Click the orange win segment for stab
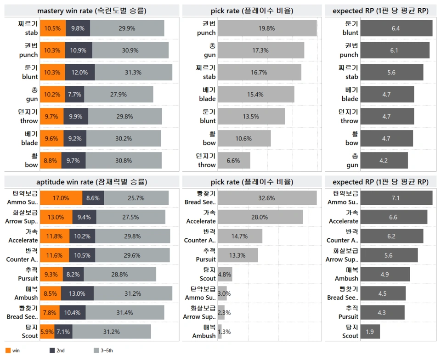(x=52, y=28)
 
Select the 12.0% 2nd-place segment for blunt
(x=79, y=72)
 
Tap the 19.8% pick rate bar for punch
(x=266, y=28)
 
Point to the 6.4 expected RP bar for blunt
(x=396, y=28)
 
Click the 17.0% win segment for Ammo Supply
(x=61, y=198)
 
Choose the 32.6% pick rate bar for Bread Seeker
(x=266, y=198)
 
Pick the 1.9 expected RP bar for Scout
(x=370, y=332)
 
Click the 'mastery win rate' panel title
(x=92, y=10)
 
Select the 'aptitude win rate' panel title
(x=92, y=181)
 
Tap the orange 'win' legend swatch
(x=8, y=351)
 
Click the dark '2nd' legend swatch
(x=52, y=351)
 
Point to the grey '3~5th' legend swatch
(x=96, y=351)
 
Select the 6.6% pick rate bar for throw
(x=233, y=160)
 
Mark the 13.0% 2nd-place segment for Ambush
(x=76, y=293)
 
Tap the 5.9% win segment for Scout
(x=47, y=332)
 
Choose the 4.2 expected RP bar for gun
(x=384, y=160)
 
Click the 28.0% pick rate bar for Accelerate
(x=260, y=217)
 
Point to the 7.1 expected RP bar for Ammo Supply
(x=396, y=198)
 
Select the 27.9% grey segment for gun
(x=119, y=94)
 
